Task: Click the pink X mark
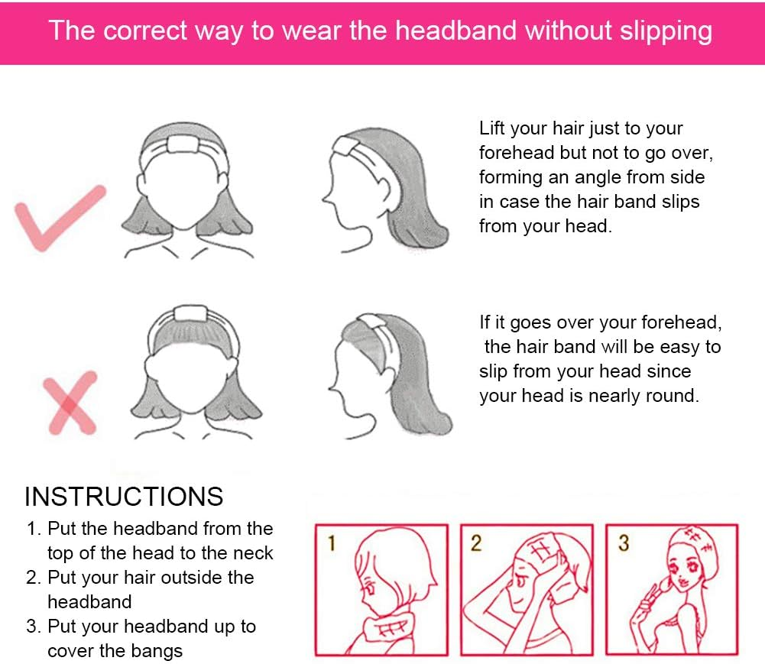click(x=70, y=403)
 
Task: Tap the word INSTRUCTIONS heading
click(x=124, y=497)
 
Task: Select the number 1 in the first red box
click(x=332, y=543)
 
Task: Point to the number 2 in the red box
click(x=476, y=543)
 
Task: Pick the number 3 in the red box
click(x=624, y=543)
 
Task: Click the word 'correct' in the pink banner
click(x=146, y=31)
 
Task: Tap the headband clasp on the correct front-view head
click(x=183, y=144)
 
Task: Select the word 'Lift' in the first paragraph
click(x=491, y=128)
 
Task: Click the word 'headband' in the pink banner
click(x=455, y=31)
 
